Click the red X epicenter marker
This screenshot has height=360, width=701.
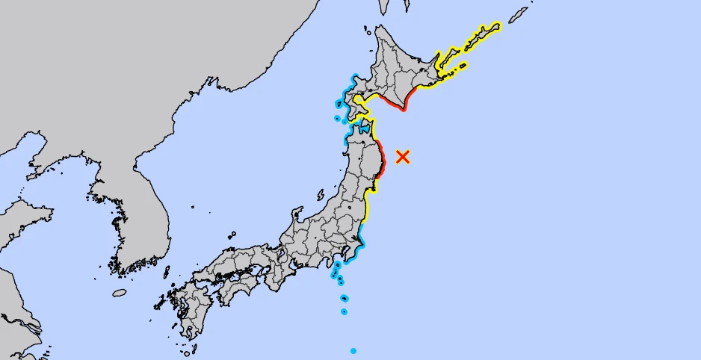[x=403, y=156]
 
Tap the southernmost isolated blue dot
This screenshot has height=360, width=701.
[x=353, y=351]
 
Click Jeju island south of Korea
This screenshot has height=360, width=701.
[x=120, y=294]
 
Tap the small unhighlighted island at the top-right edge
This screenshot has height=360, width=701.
[x=518, y=16]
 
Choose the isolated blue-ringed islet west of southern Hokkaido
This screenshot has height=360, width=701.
[x=337, y=118]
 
